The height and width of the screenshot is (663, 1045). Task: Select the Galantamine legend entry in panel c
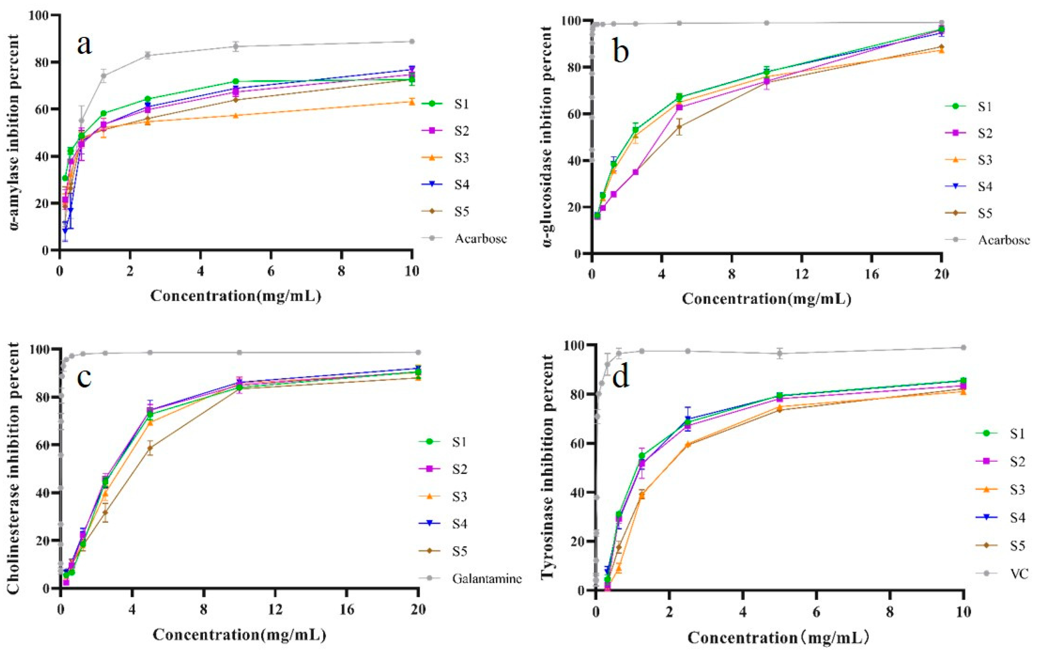[486, 578]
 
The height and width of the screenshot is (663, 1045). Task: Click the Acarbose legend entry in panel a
[480, 239]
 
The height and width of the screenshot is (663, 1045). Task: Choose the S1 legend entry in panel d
[1017, 433]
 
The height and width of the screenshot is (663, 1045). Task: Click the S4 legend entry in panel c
[459, 524]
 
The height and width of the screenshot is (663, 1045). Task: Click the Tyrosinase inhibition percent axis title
[548, 467]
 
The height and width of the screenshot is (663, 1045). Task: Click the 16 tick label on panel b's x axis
[871, 275]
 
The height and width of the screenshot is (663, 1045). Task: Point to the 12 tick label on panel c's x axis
[275, 610]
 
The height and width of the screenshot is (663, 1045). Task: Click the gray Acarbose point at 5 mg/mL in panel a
[236, 46]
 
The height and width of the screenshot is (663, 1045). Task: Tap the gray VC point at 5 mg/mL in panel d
[780, 353]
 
